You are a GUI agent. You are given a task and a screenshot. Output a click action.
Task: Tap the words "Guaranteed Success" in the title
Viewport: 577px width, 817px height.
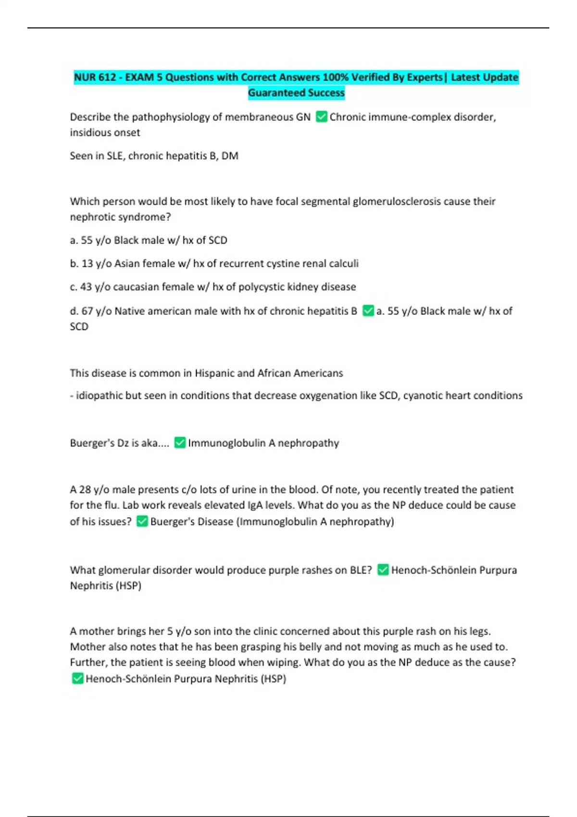[x=296, y=93]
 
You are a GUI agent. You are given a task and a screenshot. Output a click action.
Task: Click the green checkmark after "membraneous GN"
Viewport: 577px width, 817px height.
[x=321, y=117]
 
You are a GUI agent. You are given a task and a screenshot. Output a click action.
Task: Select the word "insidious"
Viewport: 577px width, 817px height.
[x=88, y=133]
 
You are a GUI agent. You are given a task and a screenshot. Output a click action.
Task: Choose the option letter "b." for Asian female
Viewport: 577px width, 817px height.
[x=74, y=263]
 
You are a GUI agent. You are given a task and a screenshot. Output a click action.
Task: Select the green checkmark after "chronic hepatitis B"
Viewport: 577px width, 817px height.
[x=368, y=311]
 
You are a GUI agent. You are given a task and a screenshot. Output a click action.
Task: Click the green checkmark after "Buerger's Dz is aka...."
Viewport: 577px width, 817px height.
[x=180, y=443]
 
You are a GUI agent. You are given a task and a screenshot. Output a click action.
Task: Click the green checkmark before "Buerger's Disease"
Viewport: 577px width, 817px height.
[x=142, y=521]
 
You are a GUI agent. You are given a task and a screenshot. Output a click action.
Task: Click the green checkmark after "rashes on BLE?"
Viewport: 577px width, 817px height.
[x=383, y=570]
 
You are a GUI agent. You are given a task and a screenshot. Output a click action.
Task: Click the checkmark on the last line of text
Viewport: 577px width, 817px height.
[x=77, y=679]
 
